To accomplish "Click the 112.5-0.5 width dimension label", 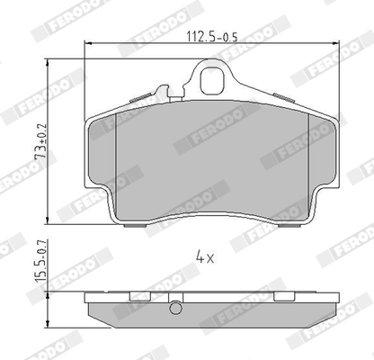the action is pyautogui.click(x=212, y=37).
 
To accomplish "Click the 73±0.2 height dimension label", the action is pyautogui.click(x=40, y=141).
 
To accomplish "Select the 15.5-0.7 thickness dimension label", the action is pyautogui.click(x=40, y=260).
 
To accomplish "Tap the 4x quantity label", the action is pyautogui.click(x=205, y=257).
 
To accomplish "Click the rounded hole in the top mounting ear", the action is pyautogui.click(x=212, y=80).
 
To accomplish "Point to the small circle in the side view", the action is pyautogui.click(x=175, y=308).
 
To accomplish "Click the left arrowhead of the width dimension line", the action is pyautogui.click(x=87, y=44).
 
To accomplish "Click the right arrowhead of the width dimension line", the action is pyautogui.click(x=336, y=44).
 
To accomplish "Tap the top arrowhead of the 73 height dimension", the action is pyautogui.click(x=48, y=62).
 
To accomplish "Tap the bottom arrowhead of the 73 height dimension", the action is pyautogui.click(x=48, y=220).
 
